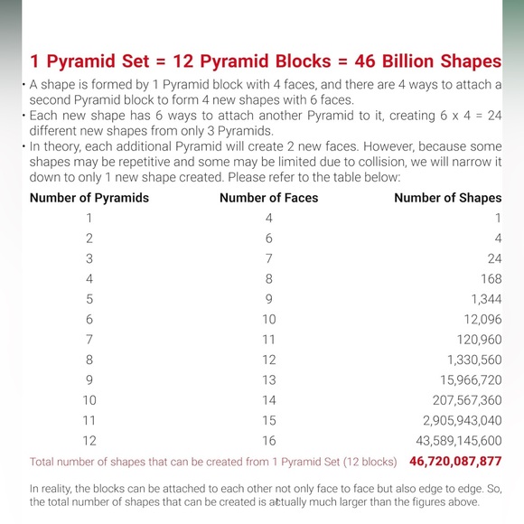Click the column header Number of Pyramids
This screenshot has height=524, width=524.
click(x=89, y=197)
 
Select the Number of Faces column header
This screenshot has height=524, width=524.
click(x=268, y=197)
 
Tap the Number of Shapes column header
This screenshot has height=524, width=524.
click(x=447, y=197)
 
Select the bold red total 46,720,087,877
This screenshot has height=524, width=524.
click(x=455, y=462)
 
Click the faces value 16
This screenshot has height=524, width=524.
click(x=269, y=441)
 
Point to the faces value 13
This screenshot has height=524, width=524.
click(x=269, y=379)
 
